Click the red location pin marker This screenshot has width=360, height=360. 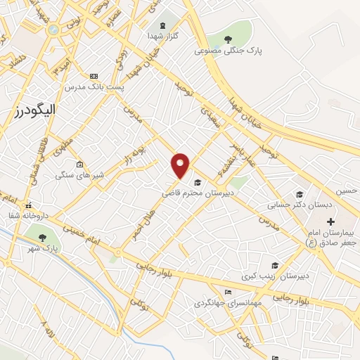click(181, 165)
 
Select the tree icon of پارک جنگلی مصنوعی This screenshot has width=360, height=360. click(226, 39)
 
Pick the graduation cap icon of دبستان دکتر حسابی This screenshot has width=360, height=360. click(300, 195)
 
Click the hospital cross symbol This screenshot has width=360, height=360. click(331, 222)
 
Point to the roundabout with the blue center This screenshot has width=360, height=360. click(53, 30)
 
